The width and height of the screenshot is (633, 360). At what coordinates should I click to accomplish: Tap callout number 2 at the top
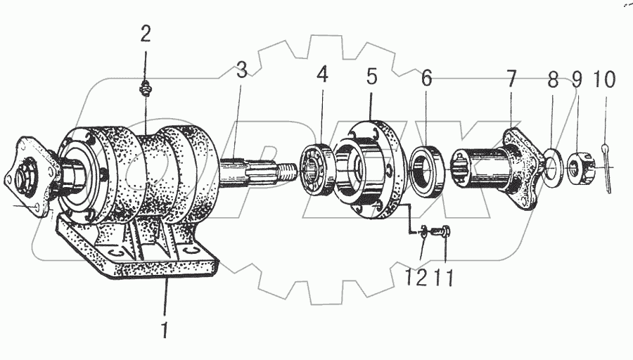pyautogui.click(x=146, y=34)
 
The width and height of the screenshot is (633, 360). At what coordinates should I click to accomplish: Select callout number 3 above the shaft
pyautogui.click(x=241, y=70)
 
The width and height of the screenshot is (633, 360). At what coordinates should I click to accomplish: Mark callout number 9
pyautogui.click(x=577, y=79)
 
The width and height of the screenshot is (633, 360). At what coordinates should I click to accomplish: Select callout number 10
pyautogui.click(x=604, y=79)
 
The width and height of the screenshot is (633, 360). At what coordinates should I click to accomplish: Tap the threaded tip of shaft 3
pyautogui.click(x=286, y=170)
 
